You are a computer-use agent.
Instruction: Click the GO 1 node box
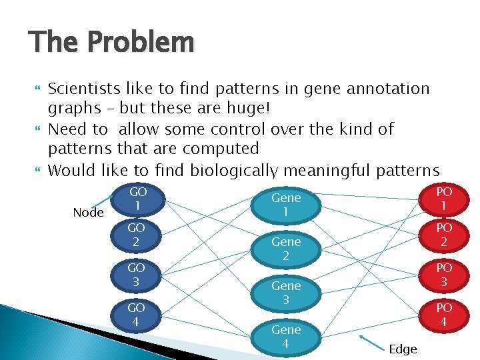coord(137,199)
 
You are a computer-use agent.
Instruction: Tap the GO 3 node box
coord(137,275)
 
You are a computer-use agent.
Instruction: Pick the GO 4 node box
coord(137,315)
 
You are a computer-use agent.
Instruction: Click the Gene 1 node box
coord(285,205)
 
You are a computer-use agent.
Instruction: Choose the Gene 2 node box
coord(285,249)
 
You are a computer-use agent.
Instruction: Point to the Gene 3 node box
coord(285,293)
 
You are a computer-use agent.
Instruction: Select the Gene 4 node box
coord(285,337)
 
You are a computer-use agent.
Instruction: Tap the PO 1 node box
coord(444,199)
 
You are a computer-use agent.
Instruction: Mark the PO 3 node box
coord(444,275)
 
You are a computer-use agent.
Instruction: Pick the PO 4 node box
coord(444,315)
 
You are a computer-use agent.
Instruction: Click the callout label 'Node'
coord(88,213)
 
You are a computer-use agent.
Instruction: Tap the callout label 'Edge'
coord(403,349)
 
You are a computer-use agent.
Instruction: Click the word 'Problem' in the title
coord(140,43)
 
